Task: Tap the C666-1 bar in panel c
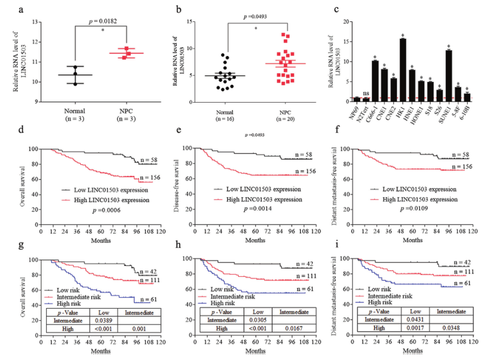coord(375,81)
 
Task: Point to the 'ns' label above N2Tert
coord(365,92)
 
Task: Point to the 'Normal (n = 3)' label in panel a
coord(76,114)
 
